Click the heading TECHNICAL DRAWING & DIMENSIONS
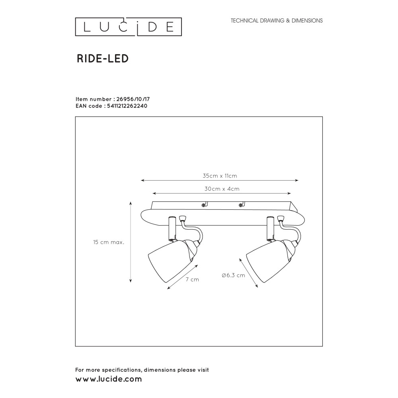coord(277,21)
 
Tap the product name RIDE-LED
coord(102,59)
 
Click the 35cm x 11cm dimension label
coord(220,176)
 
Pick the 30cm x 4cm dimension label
coord(222,189)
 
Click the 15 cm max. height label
coord(109,242)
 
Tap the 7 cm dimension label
coord(192,279)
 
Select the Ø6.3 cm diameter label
coord(233,275)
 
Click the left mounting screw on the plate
coord(204,205)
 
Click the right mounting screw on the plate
coord(240,205)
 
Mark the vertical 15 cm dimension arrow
coord(131,242)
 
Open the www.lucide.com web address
coord(109,379)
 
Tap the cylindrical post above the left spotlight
coord(172,228)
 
